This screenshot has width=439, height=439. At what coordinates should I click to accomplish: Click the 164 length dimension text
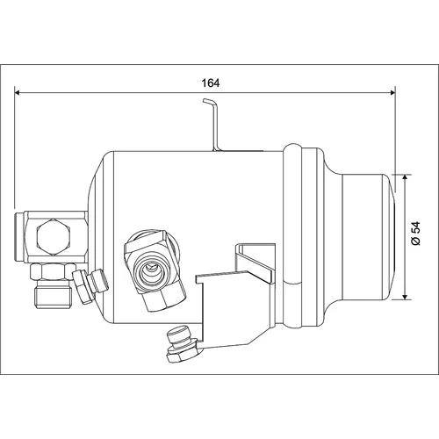point(211,83)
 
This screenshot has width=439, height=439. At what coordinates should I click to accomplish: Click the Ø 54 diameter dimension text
point(415,234)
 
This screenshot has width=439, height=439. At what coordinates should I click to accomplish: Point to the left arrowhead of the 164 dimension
point(17,92)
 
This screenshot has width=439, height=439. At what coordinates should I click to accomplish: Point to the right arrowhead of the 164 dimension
point(392,92)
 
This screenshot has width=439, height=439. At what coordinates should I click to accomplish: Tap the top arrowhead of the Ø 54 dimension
point(405,177)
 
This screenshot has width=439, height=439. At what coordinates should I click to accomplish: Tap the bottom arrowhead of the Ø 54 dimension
point(405,297)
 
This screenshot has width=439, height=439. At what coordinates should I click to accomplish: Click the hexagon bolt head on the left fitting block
point(54,237)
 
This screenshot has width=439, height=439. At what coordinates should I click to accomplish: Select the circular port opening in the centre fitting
point(150,273)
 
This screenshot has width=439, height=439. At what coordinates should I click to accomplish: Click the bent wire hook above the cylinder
point(213,125)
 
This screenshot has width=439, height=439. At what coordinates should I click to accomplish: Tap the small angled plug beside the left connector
point(90,285)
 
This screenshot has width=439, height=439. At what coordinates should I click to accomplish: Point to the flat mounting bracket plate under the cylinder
point(235,307)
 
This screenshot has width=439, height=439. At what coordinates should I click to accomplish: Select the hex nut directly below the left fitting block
point(53,270)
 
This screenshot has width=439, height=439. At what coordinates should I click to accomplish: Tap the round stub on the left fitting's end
point(20,235)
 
